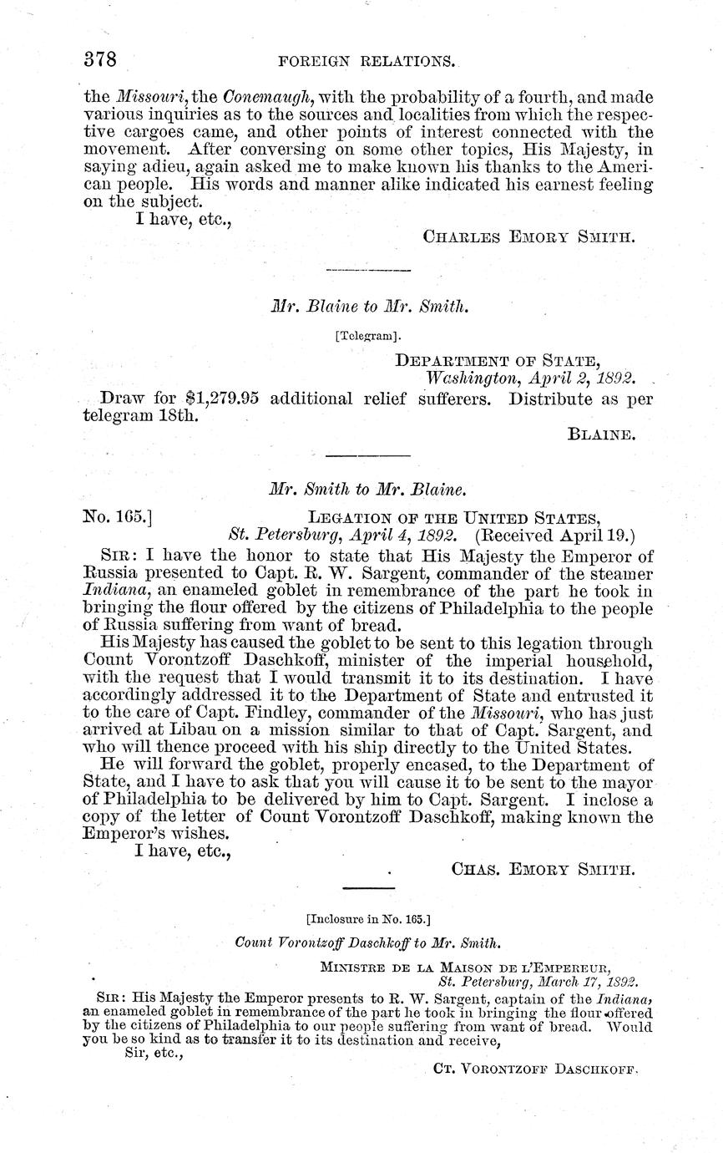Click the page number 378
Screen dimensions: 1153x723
point(99,59)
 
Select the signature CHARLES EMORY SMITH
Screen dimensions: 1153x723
point(529,236)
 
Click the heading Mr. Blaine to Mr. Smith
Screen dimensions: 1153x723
point(369,307)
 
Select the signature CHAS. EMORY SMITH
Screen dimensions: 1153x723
point(543,869)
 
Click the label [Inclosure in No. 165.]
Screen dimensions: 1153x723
point(368,920)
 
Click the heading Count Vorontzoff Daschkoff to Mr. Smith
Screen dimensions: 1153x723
point(368,942)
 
